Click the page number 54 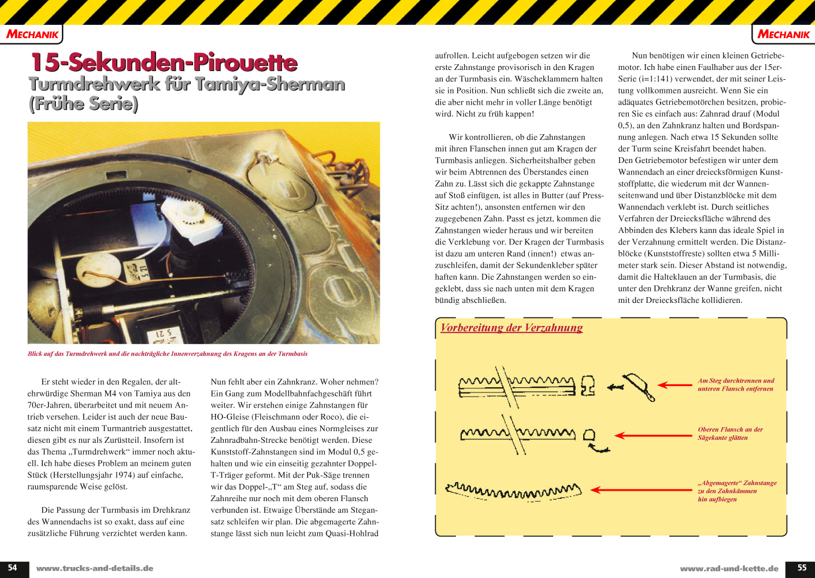click(12, 568)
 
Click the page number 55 click(802, 568)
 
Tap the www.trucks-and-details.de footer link click(95, 568)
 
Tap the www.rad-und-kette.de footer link click(729, 568)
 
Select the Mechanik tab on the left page click(32, 35)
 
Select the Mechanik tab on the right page click(783, 35)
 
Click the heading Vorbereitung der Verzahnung click(512, 327)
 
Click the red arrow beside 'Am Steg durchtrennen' click(675, 385)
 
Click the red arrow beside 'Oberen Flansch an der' click(654, 435)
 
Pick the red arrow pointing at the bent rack click(641, 490)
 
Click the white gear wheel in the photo click(191, 213)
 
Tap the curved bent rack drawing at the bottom click(513, 492)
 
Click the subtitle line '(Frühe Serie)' click(83, 104)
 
